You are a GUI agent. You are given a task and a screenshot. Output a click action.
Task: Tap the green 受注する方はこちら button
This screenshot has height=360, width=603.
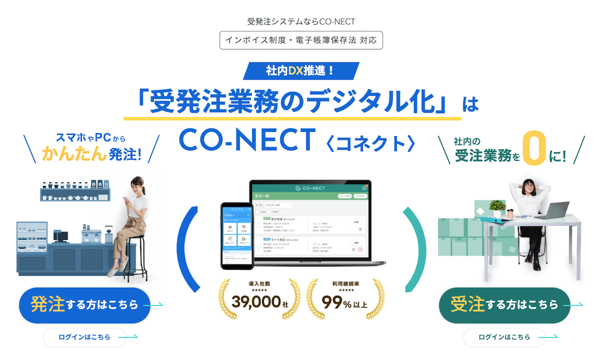(505, 305)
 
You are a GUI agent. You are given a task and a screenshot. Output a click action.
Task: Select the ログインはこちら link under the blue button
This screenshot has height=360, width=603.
(85, 338)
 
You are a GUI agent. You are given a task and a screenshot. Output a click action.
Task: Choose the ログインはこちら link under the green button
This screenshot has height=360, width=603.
(505, 338)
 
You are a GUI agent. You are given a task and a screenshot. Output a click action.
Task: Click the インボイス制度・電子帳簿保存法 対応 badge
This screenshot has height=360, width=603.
(301, 41)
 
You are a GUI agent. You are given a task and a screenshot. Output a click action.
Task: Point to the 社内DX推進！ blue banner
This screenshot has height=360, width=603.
(301, 71)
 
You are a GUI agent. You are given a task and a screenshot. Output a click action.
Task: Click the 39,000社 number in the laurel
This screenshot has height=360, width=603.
(260, 302)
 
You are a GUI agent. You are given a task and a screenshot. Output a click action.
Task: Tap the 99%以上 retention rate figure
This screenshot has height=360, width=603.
(344, 302)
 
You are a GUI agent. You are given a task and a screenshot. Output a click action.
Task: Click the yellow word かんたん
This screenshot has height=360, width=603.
(74, 154)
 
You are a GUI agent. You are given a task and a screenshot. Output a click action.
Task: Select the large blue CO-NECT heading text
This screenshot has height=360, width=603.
(247, 140)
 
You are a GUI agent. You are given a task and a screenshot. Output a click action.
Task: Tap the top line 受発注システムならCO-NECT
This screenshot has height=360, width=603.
(301, 21)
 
